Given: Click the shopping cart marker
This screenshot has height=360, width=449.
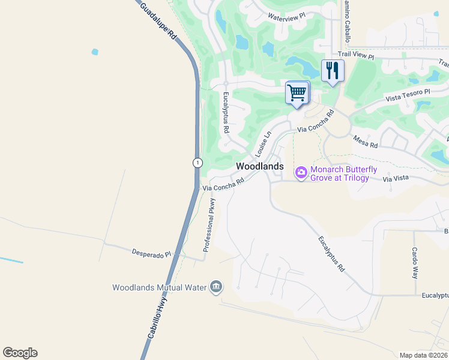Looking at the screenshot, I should tap(297, 93).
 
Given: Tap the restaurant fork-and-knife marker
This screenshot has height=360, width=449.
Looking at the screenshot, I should tap(332, 71).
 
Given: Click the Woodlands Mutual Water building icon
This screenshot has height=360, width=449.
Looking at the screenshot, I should tap(215, 287).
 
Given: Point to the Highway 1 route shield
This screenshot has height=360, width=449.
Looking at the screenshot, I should tap(197, 163).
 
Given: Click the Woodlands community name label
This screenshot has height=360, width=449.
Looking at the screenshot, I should tap(259, 166).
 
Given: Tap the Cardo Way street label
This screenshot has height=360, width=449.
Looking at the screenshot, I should tap(414, 263).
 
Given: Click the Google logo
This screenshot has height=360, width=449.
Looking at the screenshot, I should tap(20, 353).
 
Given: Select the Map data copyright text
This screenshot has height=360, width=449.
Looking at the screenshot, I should tap(423, 355).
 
